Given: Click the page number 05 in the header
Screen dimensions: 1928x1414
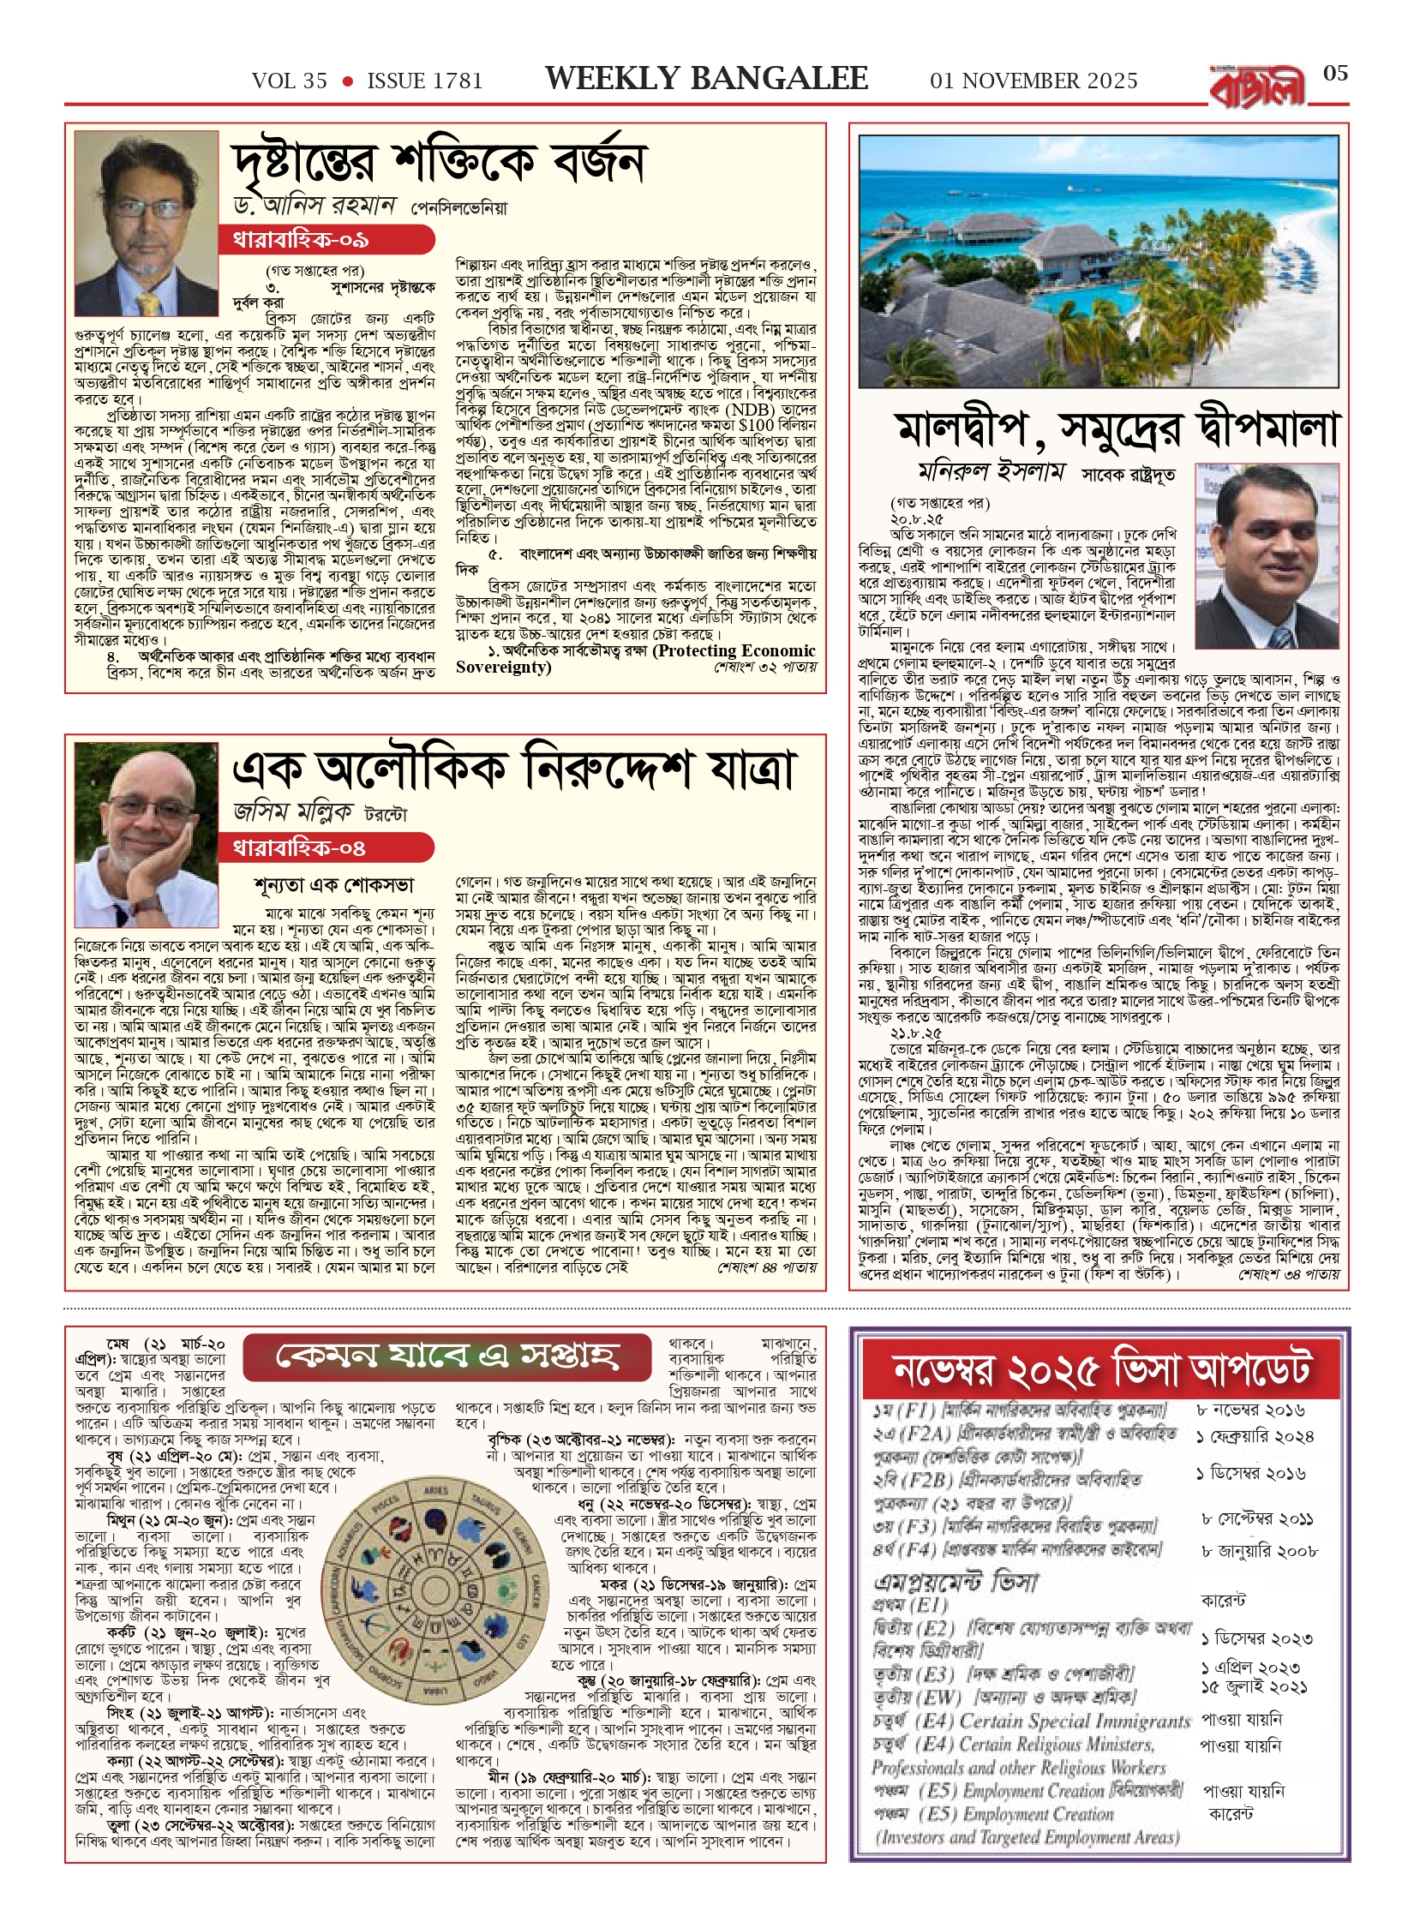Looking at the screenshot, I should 1335,74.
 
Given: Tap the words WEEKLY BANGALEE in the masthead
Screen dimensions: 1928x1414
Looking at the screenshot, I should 706,79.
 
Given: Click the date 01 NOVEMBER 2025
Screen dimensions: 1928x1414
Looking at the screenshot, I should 1034,81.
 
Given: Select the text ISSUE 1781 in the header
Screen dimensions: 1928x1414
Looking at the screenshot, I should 425,81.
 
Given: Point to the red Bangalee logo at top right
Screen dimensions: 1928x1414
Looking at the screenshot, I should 1257,87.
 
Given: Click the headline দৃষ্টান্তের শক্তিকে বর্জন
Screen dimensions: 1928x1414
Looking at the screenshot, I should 439,163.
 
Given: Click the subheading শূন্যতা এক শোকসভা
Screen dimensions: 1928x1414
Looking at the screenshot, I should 334,885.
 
